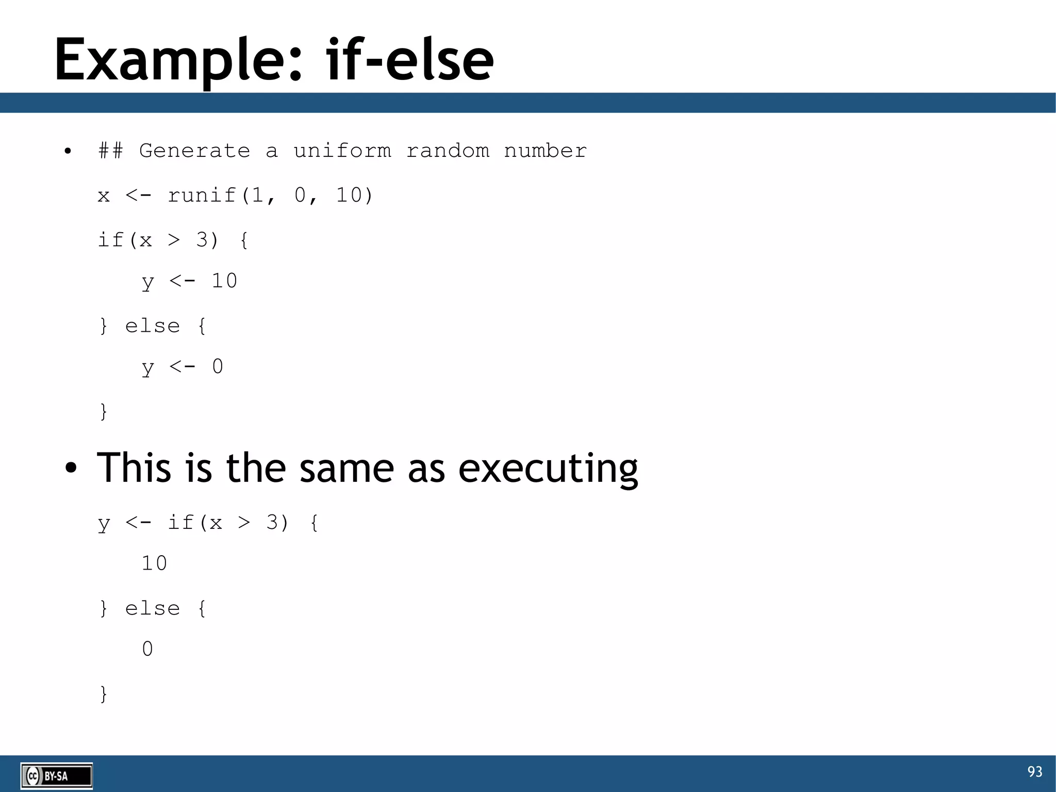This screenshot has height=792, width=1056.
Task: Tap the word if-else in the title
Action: pos(410,60)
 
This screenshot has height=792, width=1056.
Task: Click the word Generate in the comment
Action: pos(194,151)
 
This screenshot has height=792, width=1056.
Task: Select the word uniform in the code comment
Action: pos(342,151)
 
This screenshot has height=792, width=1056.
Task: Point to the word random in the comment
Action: pos(448,151)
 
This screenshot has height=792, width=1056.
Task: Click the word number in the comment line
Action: pos(545,151)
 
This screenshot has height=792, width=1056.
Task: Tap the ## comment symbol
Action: pos(110,151)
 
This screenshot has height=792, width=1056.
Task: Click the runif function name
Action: pos(201,196)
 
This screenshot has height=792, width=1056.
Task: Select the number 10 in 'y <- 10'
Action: pos(224,281)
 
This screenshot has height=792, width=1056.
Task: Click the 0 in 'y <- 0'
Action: pos(218,367)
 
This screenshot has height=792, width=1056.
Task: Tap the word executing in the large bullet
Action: pos(548,468)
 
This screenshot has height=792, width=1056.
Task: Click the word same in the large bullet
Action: pos(346,468)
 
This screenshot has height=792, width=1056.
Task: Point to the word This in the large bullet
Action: pos(134,467)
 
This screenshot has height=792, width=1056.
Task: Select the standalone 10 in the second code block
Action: pos(154,563)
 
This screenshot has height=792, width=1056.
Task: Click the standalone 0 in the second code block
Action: pos(147,649)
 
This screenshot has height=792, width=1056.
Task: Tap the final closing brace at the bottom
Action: pos(104,694)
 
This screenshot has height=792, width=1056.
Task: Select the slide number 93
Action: pos(1034,772)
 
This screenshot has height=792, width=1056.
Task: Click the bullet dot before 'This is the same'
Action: pos(71,468)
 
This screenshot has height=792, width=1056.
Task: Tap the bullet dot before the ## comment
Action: pos(68,152)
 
